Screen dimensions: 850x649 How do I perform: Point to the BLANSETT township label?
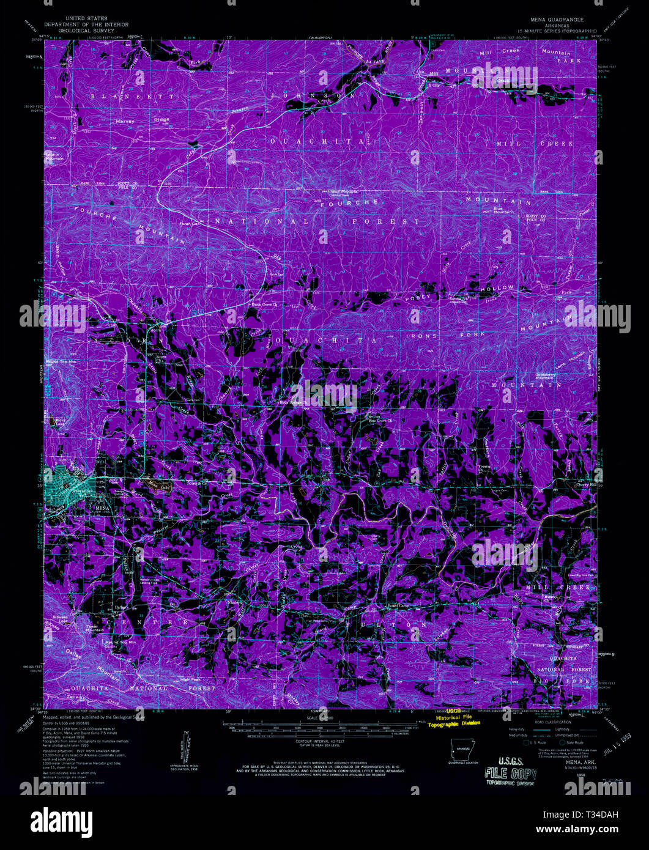point(133,97)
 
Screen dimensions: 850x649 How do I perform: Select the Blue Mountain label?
point(503,210)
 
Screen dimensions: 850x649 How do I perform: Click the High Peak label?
point(190,679)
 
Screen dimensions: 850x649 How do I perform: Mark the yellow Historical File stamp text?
point(453,717)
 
